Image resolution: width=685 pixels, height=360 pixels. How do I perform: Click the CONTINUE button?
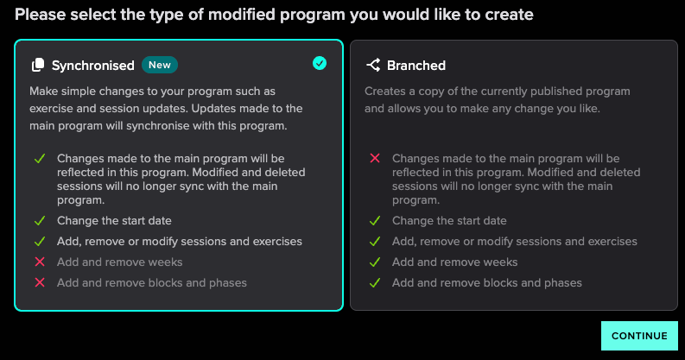coord(639,336)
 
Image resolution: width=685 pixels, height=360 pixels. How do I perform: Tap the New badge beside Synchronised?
coord(160,65)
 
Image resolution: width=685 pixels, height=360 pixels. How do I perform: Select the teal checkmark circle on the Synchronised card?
coord(320,63)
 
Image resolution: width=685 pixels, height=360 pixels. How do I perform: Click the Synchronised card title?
coord(93,66)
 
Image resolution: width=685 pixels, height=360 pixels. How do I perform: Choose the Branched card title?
coord(416,66)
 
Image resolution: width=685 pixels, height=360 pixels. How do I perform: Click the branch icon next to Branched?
coord(373,65)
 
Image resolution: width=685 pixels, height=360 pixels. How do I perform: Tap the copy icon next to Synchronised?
coord(38,65)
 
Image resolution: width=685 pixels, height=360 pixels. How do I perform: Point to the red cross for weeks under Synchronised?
coord(40,262)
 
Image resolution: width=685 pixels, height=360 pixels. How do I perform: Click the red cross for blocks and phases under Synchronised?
coord(40,283)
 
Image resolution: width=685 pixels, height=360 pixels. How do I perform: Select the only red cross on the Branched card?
coord(375,158)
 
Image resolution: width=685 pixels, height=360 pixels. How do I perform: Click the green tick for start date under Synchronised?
coord(40,221)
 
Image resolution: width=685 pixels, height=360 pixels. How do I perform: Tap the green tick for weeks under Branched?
coord(375,262)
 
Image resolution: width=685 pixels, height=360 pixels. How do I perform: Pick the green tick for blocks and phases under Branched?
coord(375,283)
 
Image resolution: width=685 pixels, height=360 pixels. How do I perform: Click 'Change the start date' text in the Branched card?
coord(449,221)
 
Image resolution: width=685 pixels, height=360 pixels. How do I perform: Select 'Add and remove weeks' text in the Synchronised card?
coord(120,262)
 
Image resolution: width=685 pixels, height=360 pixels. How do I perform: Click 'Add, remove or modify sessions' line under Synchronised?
coord(180,242)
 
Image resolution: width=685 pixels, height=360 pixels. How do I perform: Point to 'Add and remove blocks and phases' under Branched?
coord(486,283)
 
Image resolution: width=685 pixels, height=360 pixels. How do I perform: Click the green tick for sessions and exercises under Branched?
coord(375,242)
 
